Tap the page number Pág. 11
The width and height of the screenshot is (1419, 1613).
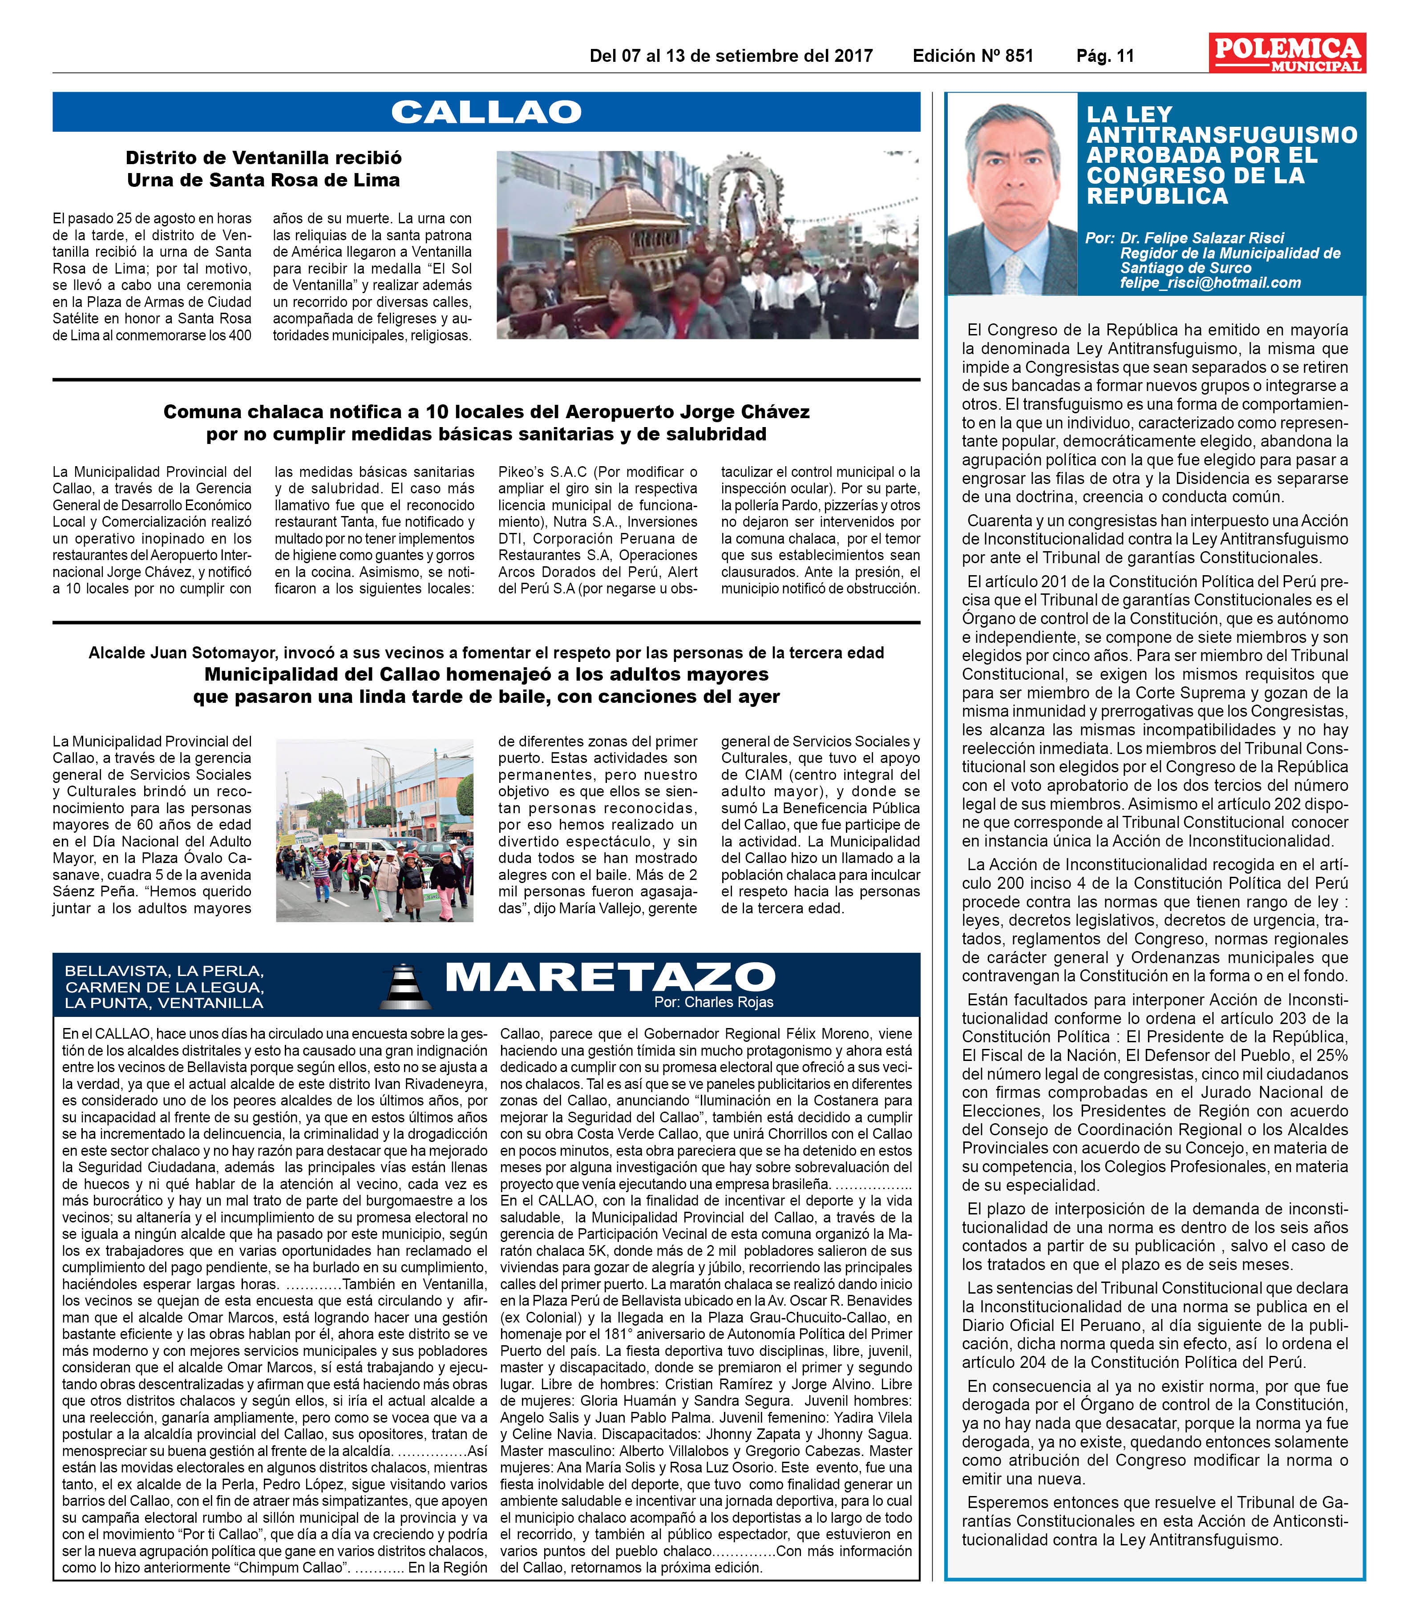click(x=1105, y=56)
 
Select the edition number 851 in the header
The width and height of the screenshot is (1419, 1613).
click(x=1018, y=56)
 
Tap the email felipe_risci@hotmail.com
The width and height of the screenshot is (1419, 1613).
click(x=1210, y=282)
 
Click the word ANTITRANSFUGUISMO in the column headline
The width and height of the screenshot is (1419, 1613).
click(x=1221, y=135)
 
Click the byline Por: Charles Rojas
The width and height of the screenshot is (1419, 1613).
click(x=713, y=1002)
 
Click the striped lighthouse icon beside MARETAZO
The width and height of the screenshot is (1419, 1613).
click(x=406, y=986)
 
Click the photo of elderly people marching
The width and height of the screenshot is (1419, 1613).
click(x=374, y=830)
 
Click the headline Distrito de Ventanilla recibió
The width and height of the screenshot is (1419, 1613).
click(x=263, y=158)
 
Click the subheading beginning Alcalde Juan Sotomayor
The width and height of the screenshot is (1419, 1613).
click(x=486, y=653)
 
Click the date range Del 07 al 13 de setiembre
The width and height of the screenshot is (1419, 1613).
click(x=731, y=56)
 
